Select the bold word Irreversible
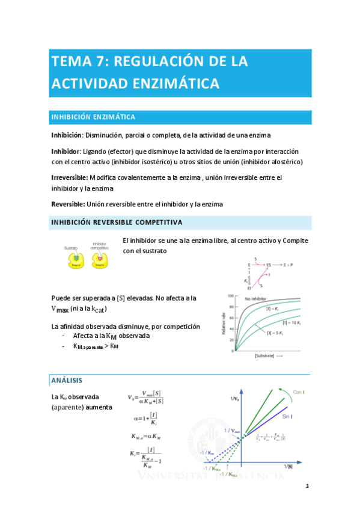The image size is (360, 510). pos(69,177)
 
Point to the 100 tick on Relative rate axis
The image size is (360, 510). pos(228,296)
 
